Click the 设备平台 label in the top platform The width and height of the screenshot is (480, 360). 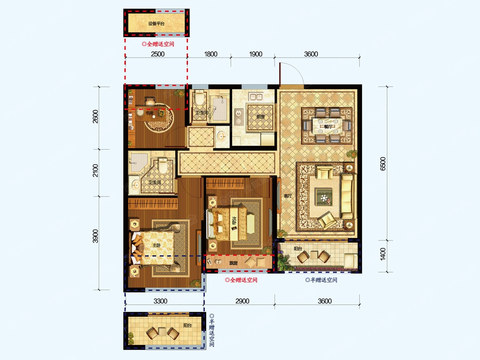[x=156, y=24]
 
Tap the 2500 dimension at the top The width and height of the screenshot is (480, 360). [x=158, y=54]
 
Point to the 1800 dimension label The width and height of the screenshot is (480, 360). [x=211, y=54]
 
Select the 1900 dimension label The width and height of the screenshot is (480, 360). [x=256, y=54]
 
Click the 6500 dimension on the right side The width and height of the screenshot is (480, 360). [x=383, y=164]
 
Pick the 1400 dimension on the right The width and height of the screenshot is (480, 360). [x=383, y=254]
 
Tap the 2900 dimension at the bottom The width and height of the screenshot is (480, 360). [x=242, y=301]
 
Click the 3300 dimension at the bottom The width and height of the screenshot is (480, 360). [x=160, y=301]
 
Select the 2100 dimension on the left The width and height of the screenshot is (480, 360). [x=96, y=171]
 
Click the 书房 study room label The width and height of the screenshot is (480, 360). [x=149, y=113]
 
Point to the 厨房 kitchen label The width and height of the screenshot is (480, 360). [x=260, y=117]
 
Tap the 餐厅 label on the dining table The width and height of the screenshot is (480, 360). [x=328, y=126]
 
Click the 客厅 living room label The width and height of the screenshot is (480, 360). [x=288, y=196]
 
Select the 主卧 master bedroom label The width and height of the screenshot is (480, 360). [x=156, y=245]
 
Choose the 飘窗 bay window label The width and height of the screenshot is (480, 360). [x=233, y=263]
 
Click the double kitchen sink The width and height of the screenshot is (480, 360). [x=256, y=97]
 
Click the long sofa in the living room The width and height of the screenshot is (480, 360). [x=348, y=196]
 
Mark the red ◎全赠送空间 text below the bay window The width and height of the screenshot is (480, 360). [x=241, y=280]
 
